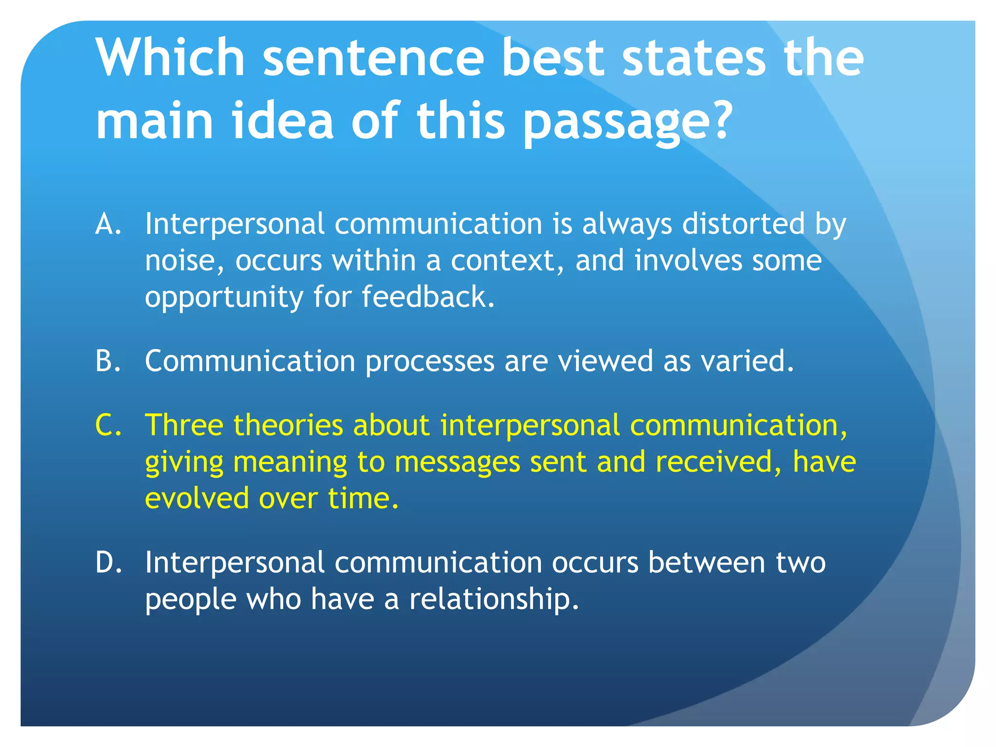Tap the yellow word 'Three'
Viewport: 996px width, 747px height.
(x=184, y=425)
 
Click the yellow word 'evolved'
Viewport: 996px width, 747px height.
(x=197, y=498)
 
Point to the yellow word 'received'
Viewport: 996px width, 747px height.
(x=714, y=462)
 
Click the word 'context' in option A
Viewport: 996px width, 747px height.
(x=503, y=261)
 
